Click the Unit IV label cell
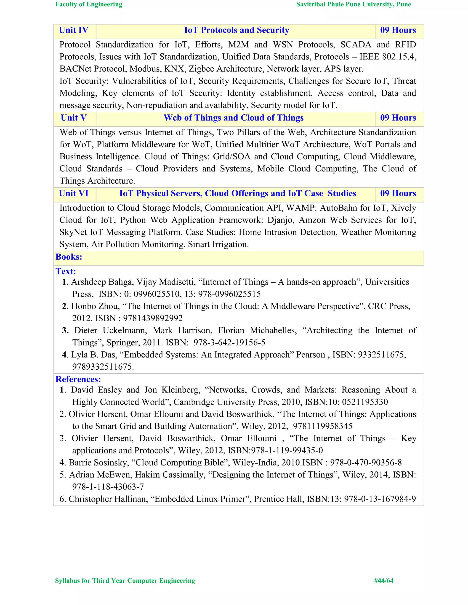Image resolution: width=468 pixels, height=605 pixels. pyautogui.click(x=74, y=30)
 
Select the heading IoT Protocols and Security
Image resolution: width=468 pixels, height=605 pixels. pyautogui.click(x=237, y=30)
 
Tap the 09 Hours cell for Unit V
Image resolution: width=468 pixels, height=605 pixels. pyautogui.click(x=398, y=118)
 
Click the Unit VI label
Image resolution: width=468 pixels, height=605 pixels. pyautogui.click(x=74, y=194)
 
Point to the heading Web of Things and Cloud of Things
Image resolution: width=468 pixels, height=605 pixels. pyautogui.click(x=234, y=118)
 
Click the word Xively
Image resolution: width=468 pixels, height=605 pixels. pyautogui.click(x=403, y=208)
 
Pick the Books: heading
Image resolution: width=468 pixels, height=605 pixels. pyautogui.click(x=69, y=257)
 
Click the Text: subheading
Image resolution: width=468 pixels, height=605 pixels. pyautogui.click(x=66, y=271)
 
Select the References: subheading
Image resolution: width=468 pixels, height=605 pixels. pyautogui.click(x=78, y=379)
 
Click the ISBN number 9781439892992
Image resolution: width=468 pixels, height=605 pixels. pyautogui.click(x=153, y=318)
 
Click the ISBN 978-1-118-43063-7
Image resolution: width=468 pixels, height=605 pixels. pyautogui.click(x=108, y=487)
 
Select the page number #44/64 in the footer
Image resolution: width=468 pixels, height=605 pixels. pyautogui.click(x=383, y=581)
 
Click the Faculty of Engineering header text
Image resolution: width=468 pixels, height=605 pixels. pyautogui.click(x=89, y=4)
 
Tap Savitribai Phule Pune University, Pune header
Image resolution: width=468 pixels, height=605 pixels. pyautogui.click(x=354, y=4)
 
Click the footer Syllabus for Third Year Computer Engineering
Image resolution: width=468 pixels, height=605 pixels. pyautogui.click(x=125, y=581)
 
